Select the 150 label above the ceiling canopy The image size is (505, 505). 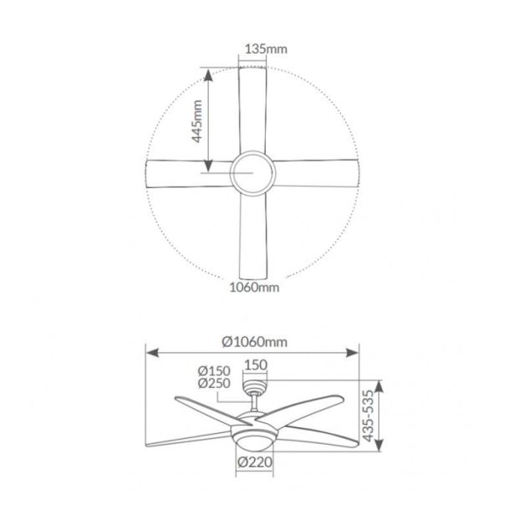[255, 365]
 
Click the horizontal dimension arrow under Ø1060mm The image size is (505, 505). [252, 351]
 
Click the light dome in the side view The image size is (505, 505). [253, 439]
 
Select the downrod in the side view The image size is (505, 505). [254, 403]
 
